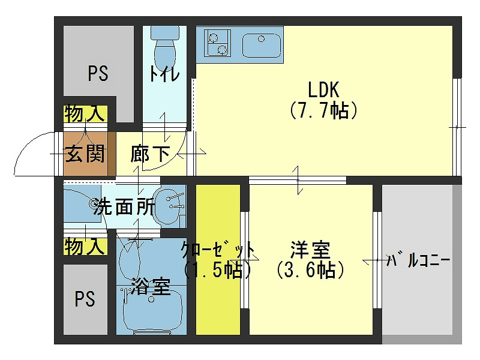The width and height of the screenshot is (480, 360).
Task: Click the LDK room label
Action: (x=324, y=90)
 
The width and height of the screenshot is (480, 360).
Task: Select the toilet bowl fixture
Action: (x=164, y=48)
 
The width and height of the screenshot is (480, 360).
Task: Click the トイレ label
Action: (x=164, y=74)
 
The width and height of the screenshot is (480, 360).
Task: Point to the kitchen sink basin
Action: (x=262, y=46)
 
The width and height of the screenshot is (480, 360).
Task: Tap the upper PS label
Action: (x=98, y=74)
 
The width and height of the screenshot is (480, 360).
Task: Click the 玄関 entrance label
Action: (x=85, y=154)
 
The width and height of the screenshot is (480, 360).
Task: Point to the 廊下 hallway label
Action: (x=150, y=154)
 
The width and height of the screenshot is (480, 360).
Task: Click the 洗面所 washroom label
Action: (x=123, y=208)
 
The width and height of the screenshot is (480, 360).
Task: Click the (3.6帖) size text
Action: (x=310, y=271)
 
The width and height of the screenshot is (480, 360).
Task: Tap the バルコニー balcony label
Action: (x=419, y=261)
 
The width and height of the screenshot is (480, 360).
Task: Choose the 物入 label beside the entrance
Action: (x=85, y=113)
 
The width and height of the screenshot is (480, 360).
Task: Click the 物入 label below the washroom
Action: (x=85, y=247)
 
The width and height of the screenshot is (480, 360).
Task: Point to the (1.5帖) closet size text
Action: (x=217, y=271)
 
